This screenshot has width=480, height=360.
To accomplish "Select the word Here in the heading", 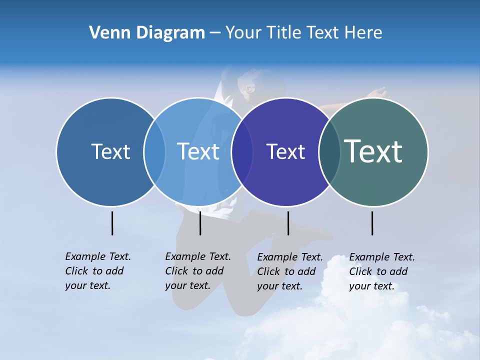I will pyautogui.click(x=363, y=33).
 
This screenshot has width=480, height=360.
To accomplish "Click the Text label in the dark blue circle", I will pyautogui.click(x=110, y=151).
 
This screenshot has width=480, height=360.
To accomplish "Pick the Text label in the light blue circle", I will pyautogui.click(x=198, y=151).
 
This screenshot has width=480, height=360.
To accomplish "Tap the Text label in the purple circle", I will pyautogui.click(x=285, y=151).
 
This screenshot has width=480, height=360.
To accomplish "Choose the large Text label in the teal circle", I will pyautogui.click(x=373, y=151).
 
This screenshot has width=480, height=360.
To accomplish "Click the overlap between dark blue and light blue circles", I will pyautogui.click(x=154, y=151).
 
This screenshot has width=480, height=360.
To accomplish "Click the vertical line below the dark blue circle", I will pyautogui.click(x=112, y=223).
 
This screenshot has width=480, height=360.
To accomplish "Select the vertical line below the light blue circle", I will pyautogui.click(x=200, y=223).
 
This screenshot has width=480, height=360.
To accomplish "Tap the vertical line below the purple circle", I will pyautogui.click(x=288, y=223).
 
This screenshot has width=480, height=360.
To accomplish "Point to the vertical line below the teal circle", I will pyautogui.click(x=372, y=223).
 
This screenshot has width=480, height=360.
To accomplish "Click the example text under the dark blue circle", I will pyautogui.click(x=97, y=271).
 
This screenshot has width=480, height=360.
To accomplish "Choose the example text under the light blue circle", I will pyautogui.click(x=197, y=271).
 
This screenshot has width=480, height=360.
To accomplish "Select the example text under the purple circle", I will pyautogui.click(x=289, y=271).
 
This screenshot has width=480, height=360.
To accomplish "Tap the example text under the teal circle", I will pyautogui.click(x=381, y=271).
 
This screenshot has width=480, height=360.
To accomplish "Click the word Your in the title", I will pyautogui.click(x=244, y=33).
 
